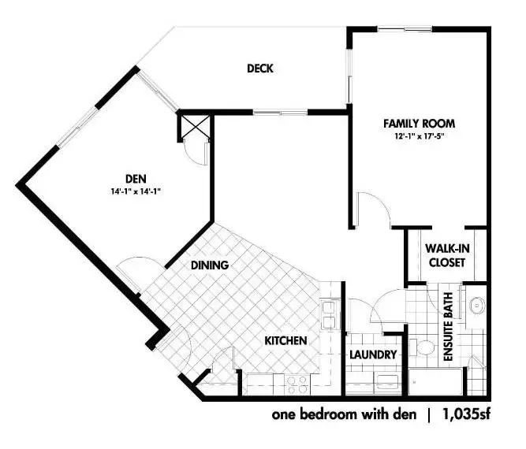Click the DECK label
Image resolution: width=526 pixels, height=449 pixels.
pos(260,69)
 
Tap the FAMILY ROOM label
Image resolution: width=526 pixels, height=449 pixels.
pos(420,124)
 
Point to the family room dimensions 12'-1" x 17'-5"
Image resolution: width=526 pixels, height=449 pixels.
pos(420,136)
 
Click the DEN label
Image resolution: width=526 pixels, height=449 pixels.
pos(136,179)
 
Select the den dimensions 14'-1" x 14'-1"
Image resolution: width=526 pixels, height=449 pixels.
pos(136,191)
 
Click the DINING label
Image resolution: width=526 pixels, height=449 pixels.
pos(210,265)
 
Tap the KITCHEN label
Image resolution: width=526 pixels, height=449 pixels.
pos(285,341)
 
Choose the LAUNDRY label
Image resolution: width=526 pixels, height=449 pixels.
pos(373,354)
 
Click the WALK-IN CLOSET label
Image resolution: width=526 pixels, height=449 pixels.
pos(447,255)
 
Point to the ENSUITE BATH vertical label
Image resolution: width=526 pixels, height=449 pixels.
pos(448,327)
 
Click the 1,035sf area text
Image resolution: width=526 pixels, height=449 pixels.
pos(467,414)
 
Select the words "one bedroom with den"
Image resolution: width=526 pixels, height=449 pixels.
pos(344,414)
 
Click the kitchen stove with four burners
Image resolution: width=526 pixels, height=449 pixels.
pos(297,384)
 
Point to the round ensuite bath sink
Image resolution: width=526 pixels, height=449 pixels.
pos(477,306)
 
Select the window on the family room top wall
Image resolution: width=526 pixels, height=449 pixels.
pos(405,29)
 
